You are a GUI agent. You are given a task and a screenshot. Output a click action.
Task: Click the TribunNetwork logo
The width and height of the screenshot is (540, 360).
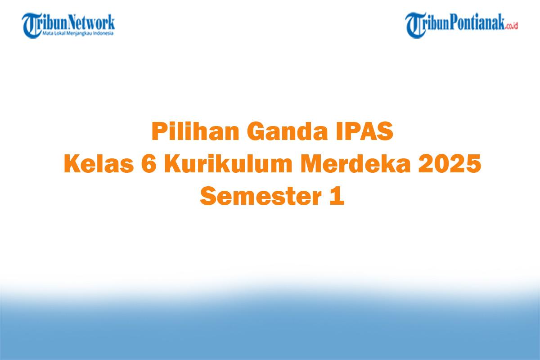68,25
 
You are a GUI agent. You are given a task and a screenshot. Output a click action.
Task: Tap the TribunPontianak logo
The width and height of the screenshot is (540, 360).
462,25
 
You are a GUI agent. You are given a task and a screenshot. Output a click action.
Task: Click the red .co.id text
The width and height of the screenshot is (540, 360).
512,26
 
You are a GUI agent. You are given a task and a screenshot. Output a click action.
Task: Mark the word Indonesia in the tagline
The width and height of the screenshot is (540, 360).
105,33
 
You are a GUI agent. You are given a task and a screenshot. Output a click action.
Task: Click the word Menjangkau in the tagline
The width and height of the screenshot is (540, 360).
81,33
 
